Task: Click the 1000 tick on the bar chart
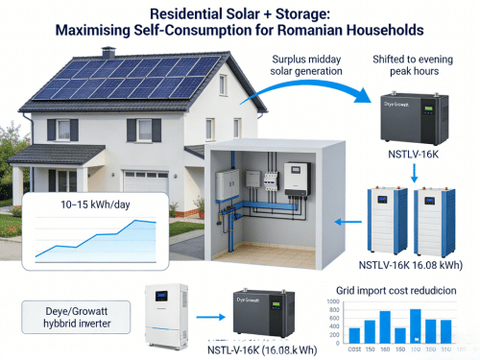tap(333, 301)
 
